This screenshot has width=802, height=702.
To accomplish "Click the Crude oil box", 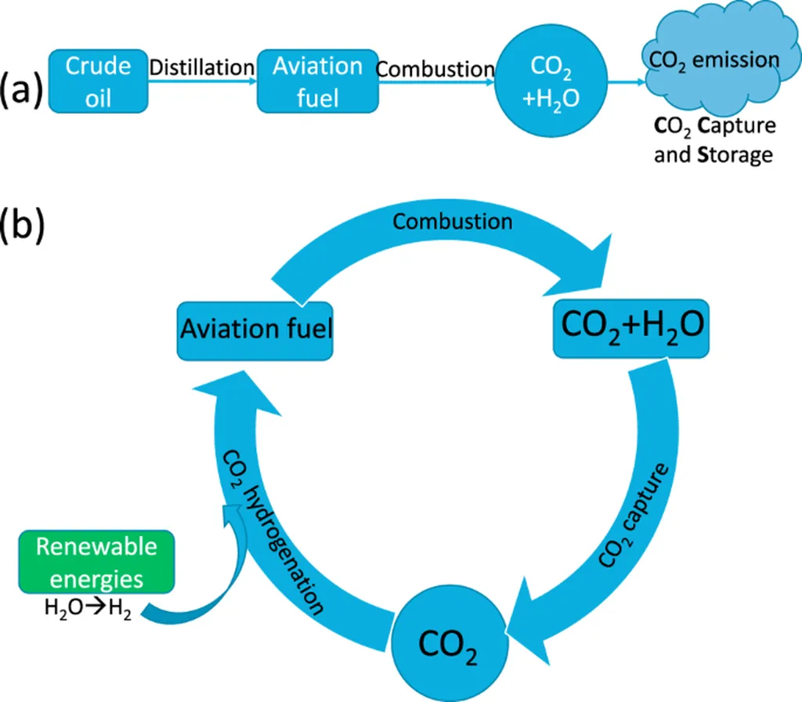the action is [98, 81].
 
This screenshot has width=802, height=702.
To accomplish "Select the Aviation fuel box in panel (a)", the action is [318, 81].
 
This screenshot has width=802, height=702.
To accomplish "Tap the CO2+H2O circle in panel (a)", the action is [551, 81].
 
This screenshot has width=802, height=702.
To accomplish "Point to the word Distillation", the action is [202, 67].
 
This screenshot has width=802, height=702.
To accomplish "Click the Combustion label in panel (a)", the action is [435, 69].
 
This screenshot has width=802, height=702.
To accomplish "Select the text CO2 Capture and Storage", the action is [714, 139].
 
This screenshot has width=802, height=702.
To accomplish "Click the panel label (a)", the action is [21, 91].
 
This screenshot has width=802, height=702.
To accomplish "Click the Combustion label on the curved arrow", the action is [453, 222].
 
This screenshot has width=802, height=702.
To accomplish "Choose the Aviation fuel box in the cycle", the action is [255, 331].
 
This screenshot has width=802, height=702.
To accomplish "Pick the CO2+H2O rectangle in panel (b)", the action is [631, 328].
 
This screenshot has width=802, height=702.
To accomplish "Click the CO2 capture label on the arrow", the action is [633, 516].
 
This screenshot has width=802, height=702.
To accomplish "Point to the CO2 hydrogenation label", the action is [273, 532].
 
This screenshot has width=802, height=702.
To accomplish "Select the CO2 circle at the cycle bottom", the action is [450, 644].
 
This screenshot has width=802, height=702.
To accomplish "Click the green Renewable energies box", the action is [96, 562].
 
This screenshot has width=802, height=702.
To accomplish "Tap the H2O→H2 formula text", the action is [88, 608].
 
